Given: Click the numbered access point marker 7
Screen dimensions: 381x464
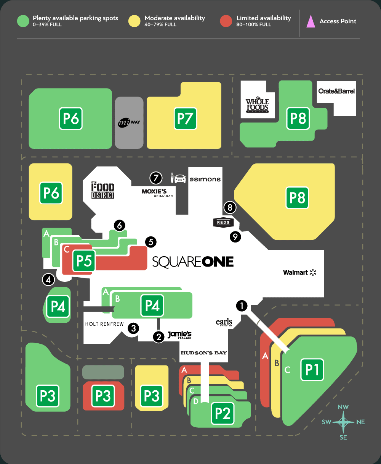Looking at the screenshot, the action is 156,178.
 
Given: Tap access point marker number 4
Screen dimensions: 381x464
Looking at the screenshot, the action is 48,280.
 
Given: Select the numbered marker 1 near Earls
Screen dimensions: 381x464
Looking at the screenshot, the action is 242,306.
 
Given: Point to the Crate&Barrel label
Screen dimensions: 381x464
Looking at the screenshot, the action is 336,91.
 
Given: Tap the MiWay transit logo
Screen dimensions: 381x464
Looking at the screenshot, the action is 129,123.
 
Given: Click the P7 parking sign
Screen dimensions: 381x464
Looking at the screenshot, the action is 185,118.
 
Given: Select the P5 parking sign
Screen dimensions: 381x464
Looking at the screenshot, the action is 84,261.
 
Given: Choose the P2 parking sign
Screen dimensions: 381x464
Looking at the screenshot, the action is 223,413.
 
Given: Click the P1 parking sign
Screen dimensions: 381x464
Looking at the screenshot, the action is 312,369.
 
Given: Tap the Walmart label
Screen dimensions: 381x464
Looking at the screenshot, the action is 299,272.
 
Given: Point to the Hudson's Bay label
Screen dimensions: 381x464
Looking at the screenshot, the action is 203,352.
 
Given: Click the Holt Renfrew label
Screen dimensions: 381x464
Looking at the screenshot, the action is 104,324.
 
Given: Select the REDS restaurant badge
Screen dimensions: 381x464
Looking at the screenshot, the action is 223,222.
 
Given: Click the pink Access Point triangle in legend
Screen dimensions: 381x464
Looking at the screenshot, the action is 311,21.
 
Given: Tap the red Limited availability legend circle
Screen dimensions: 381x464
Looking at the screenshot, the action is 226,21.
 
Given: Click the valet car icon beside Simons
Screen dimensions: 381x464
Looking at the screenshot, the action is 178,178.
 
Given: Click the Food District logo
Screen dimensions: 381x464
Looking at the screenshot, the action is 103,190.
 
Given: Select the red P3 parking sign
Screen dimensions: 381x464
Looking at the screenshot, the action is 103,396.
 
